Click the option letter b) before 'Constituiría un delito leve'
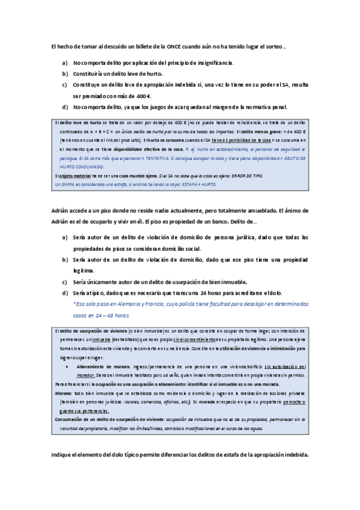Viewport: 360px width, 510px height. [x=64, y=73]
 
